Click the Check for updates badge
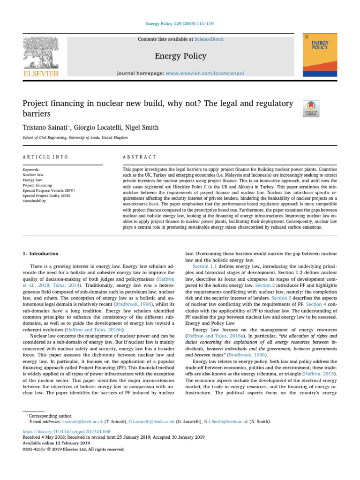(311, 108)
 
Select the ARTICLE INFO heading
(45, 157)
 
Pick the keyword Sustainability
(34, 201)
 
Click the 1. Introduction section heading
(41, 254)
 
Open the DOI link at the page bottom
(67, 431)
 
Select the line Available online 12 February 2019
(56, 443)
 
